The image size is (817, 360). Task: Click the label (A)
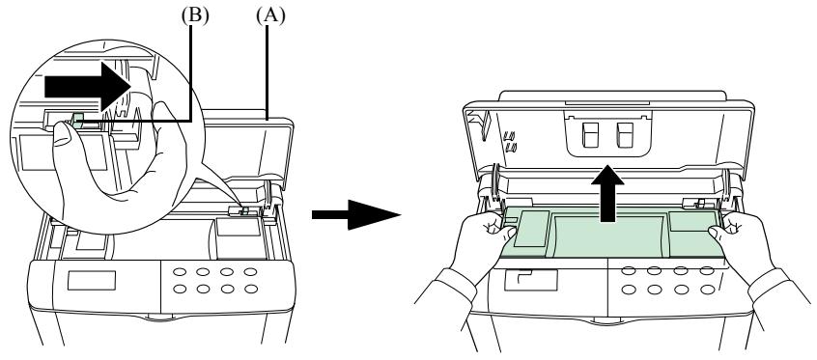pyautogui.click(x=270, y=16)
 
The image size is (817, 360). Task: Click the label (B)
pyautogui.click(x=195, y=16)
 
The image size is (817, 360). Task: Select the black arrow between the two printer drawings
pyautogui.click(x=356, y=214)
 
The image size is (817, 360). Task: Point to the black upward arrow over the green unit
pyautogui.click(x=607, y=194)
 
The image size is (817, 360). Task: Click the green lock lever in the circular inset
pyautogui.click(x=77, y=121)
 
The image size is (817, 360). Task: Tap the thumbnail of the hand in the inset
pyautogui.click(x=62, y=135)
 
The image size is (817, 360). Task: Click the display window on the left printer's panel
pyautogui.click(x=91, y=280)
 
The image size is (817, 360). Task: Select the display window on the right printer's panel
pyautogui.click(x=530, y=280)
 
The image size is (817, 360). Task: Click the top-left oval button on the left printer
pyautogui.click(x=180, y=272)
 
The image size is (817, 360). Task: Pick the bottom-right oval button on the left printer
pyautogui.click(x=251, y=289)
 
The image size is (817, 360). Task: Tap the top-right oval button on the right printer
pyautogui.click(x=707, y=271)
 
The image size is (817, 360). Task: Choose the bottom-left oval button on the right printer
pyautogui.click(x=629, y=290)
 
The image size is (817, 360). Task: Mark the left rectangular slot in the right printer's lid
pyautogui.click(x=590, y=135)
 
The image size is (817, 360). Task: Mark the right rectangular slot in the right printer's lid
pyautogui.click(x=624, y=135)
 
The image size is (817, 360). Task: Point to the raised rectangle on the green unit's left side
pyautogui.click(x=531, y=228)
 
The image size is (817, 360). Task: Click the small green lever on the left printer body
pyautogui.click(x=246, y=211)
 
